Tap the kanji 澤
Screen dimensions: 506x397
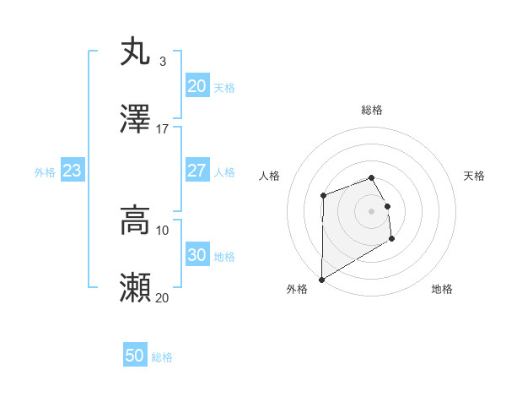pos(135,120)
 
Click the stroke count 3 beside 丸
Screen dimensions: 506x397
pos(162,61)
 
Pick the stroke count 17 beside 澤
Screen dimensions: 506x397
pos(162,128)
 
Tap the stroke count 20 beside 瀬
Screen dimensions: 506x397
pos(162,297)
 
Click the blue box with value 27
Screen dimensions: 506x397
pos(196,171)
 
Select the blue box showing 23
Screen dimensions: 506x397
pos(72,171)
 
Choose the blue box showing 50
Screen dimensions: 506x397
pos(135,356)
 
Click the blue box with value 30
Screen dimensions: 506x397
pos(196,255)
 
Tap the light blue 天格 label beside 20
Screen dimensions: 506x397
pos(224,88)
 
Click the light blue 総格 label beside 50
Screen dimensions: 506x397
pos(162,357)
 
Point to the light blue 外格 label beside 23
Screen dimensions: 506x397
pos(45,172)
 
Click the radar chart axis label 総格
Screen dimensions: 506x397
pos(371,110)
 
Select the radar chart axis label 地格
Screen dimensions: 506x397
pos(442,289)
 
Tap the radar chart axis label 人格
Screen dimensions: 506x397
pos(270,176)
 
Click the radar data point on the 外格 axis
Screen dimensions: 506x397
pos(321,279)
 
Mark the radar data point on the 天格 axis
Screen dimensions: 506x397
pos(387,205)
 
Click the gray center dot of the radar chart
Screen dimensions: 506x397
pos(371,210)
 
